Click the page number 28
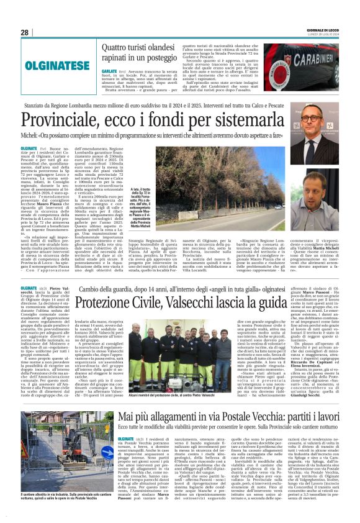tap(25, 32)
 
